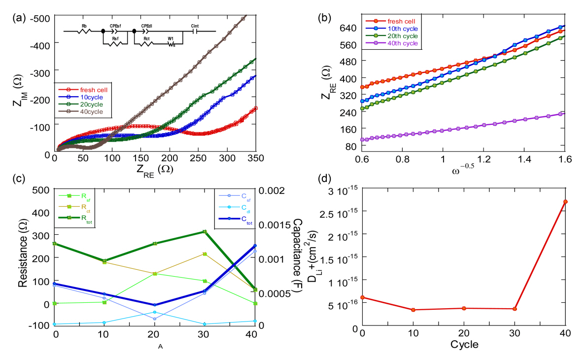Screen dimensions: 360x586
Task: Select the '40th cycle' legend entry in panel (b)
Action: coord(399,43)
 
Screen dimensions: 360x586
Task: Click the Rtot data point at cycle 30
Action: coord(204,231)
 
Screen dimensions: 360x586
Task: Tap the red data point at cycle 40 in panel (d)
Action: coord(565,202)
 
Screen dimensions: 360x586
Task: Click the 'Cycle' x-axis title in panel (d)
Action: coord(464,344)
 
